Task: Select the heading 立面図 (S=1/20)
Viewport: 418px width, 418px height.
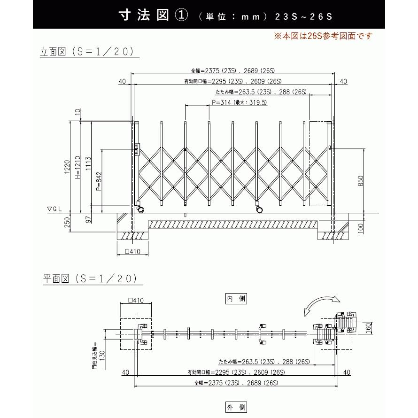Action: pos(90,52)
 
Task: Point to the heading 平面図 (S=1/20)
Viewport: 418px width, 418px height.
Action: pos(91,279)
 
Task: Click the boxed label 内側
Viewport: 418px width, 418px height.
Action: pos(236,298)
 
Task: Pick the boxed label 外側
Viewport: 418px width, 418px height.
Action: pos(236,407)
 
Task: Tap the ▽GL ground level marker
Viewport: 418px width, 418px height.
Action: pos(54,209)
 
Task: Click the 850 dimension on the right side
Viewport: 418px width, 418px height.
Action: pos(361,181)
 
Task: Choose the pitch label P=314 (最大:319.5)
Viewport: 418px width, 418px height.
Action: pos(240,102)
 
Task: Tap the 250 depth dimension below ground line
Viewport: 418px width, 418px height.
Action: pos(67,222)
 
